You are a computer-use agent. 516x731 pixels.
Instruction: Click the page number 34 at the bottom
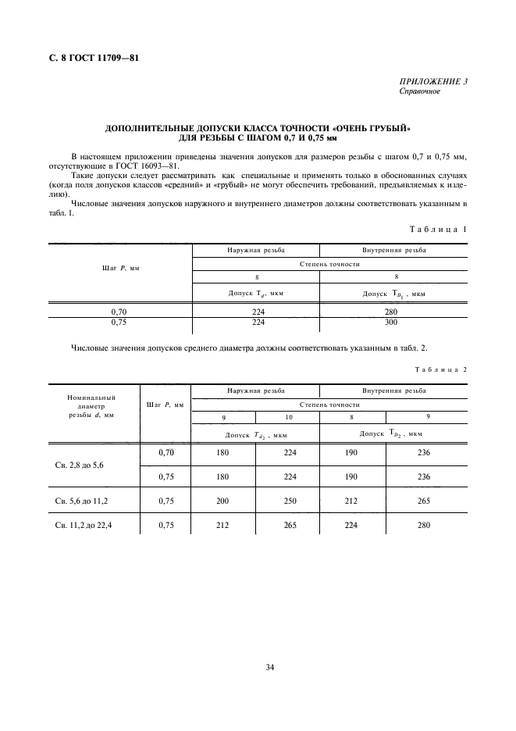pos(269,667)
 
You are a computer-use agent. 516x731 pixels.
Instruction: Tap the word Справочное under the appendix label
pos(420,91)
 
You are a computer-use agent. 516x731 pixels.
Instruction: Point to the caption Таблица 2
pos(440,369)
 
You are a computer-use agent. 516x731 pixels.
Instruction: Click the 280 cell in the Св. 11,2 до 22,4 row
pos(424,526)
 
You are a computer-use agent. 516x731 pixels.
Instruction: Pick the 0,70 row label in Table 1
pos(119,311)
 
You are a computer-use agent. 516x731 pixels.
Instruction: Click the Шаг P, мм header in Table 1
pos(119,268)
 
